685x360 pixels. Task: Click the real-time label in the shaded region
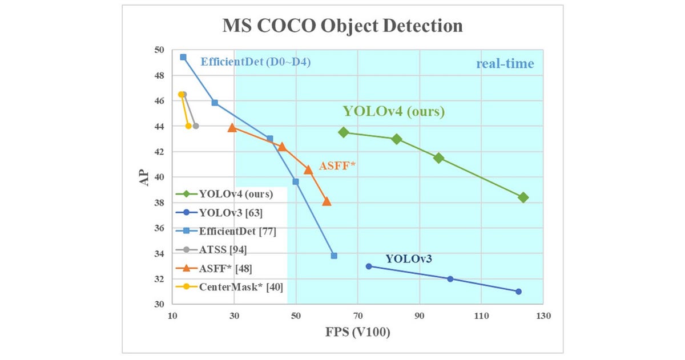pos(505,63)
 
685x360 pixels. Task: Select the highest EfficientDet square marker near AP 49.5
pos(183,57)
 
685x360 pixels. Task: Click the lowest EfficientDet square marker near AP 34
pos(334,256)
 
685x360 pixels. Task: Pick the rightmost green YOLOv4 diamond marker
pos(523,197)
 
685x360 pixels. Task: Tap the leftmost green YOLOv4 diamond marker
pos(344,132)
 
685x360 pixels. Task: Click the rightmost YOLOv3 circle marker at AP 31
pos(518,292)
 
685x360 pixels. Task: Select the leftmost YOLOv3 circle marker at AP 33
pos(369,266)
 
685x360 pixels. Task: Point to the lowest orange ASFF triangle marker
pos(327,201)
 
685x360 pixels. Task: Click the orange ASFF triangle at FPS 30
pos(232,128)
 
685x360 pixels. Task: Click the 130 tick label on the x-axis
pos(543,315)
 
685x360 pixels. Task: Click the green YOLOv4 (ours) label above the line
pos(393,111)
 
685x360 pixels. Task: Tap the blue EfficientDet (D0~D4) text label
pos(255,62)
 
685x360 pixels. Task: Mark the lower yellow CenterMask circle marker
pos(188,126)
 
